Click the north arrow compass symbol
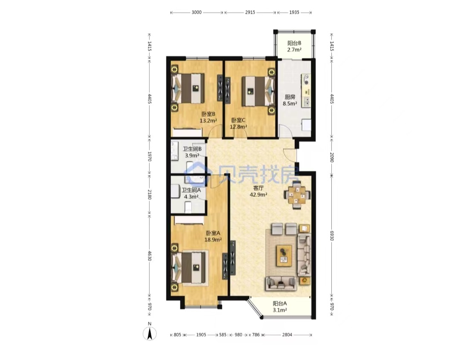[149, 333]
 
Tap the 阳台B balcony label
[294, 43]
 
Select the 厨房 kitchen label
[290, 97]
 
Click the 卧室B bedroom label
[209, 114]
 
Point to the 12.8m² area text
[238, 127]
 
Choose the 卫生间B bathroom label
[192, 149]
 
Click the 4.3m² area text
[191, 196]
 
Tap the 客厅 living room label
[258, 188]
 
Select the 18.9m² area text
[213, 239]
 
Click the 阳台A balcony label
[280, 304]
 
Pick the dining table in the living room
[297, 195]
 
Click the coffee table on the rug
[284, 256]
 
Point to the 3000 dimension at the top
[196, 12]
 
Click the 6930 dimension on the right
[332, 235]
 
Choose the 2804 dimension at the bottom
[287, 335]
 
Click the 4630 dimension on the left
[149, 256]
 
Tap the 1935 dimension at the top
[294, 12]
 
